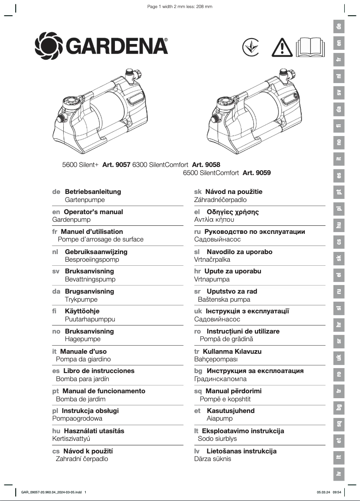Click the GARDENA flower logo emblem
(x=49, y=45)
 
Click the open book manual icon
(x=310, y=47)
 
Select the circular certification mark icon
(x=250, y=47)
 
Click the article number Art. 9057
(x=116, y=165)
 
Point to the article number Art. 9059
(x=256, y=172)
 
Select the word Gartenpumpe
(x=85, y=199)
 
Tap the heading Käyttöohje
(x=82, y=311)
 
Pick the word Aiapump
(x=220, y=418)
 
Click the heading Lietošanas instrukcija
(x=241, y=451)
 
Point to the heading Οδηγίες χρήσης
(x=233, y=212)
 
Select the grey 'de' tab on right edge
(x=339, y=26)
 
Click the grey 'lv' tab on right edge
(x=339, y=474)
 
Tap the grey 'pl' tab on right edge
(x=339, y=208)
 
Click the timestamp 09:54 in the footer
(x=337, y=492)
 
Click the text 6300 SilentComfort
(x=160, y=165)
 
